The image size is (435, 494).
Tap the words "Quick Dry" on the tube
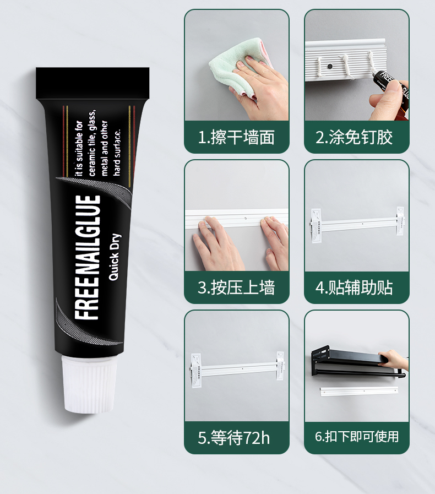(x=114, y=257)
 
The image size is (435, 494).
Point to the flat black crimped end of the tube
(x=93, y=83)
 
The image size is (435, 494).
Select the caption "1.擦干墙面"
(x=236, y=137)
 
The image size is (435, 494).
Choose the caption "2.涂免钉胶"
(x=354, y=137)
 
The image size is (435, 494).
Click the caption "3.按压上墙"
(x=236, y=287)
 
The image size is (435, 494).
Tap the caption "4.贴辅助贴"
(x=354, y=287)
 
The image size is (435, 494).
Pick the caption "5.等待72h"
(x=233, y=438)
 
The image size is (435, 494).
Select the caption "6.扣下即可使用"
(x=357, y=437)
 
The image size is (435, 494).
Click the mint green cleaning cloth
(x=236, y=66)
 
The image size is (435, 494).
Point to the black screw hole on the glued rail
(x=329, y=67)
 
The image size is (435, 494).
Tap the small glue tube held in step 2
(x=391, y=86)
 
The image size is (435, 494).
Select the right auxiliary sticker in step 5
(x=280, y=366)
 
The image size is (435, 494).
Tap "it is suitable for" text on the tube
(x=79, y=149)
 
